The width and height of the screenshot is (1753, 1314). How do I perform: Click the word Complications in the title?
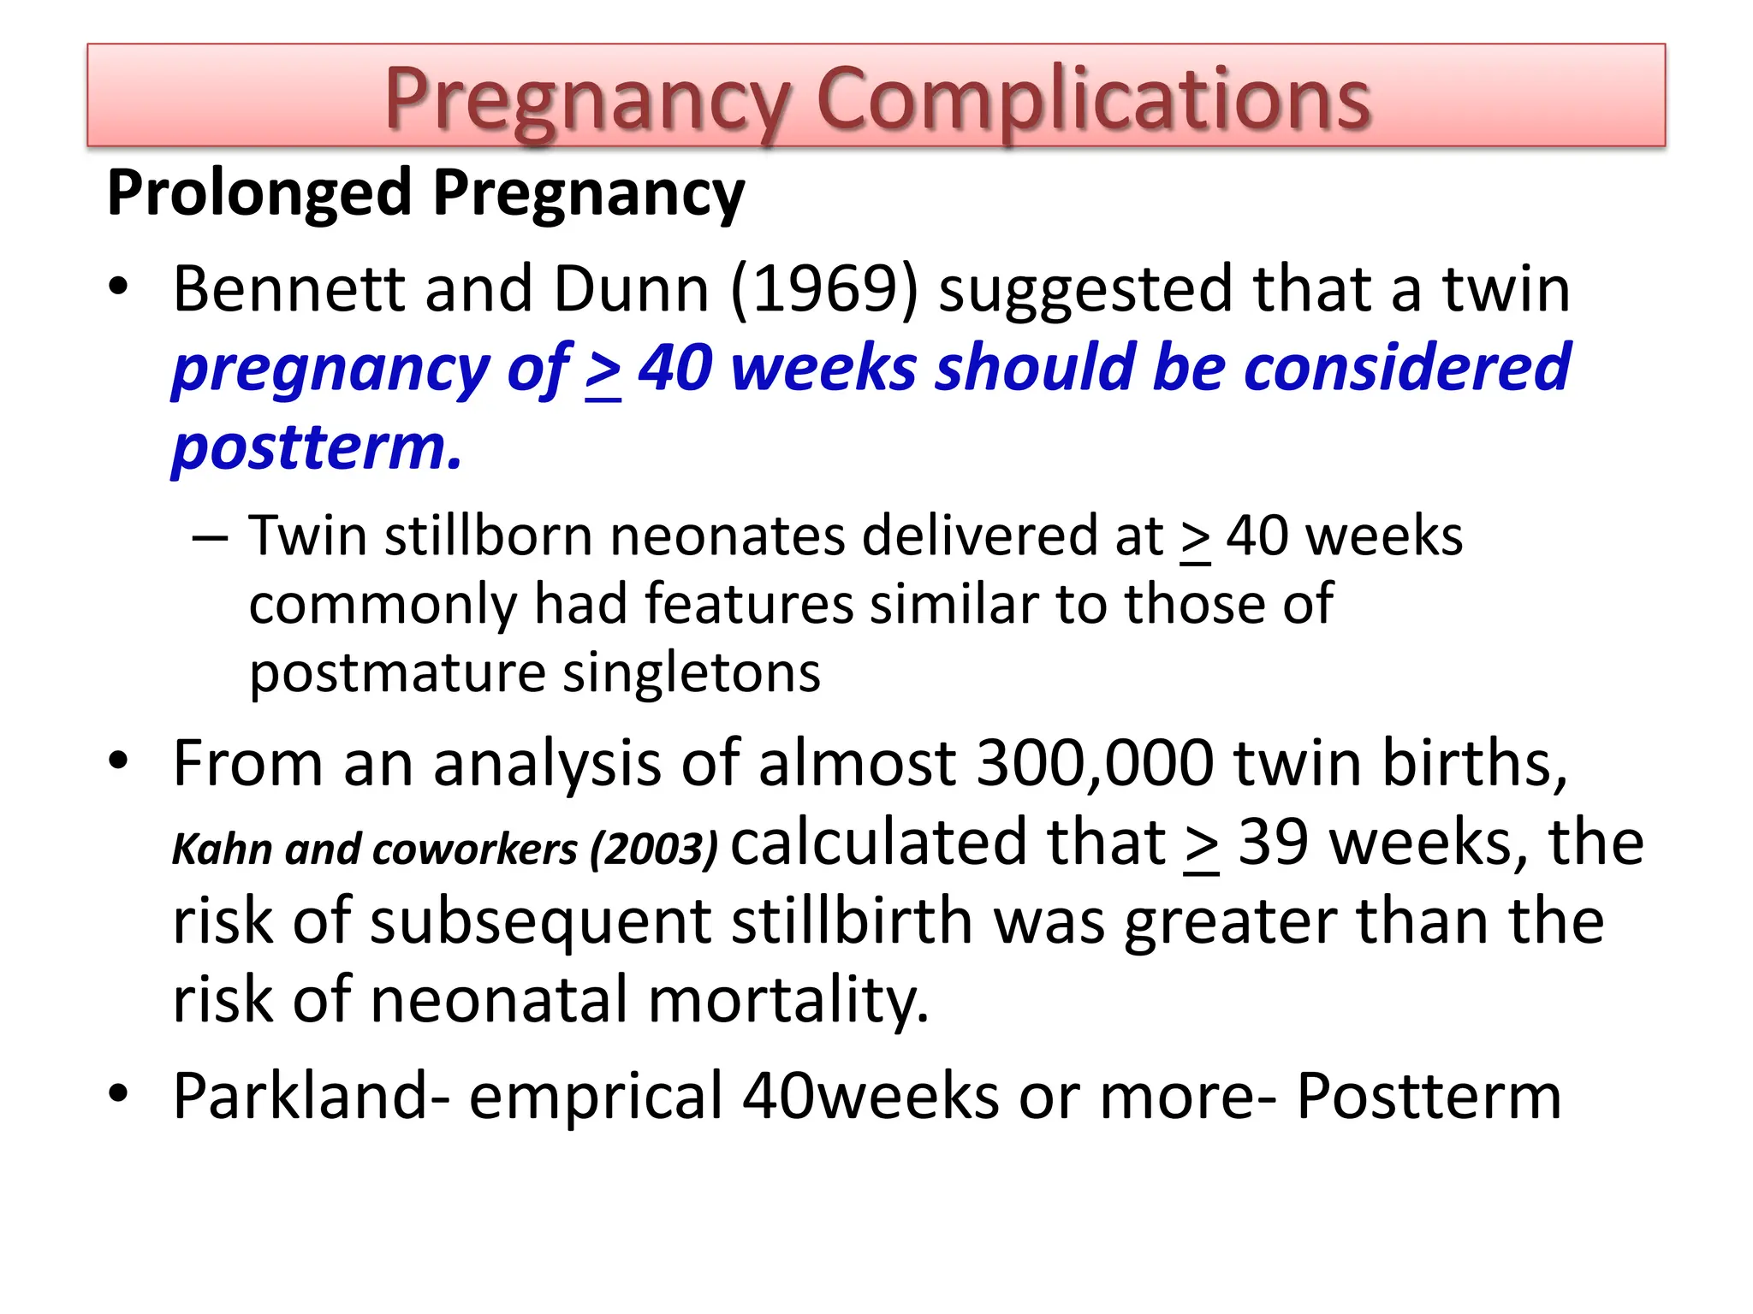point(1093,100)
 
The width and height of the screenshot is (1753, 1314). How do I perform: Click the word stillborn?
point(488,536)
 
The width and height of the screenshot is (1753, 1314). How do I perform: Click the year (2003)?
point(654,849)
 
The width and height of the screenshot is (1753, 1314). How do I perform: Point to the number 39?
point(1273,843)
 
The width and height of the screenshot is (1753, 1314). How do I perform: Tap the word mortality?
point(787,1000)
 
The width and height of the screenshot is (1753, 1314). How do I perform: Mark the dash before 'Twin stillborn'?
point(211,538)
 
